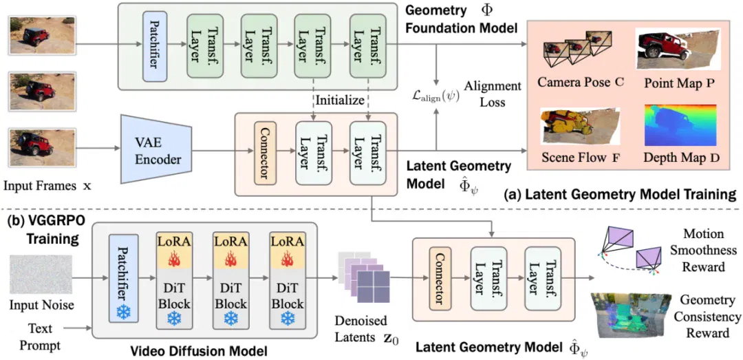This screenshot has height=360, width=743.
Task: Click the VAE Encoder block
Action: pos(156,149)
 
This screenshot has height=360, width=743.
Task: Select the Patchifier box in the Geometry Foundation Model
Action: pos(152,45)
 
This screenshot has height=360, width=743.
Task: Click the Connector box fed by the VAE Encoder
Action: pos(265,153)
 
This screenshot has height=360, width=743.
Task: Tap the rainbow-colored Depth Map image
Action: pos(680,125)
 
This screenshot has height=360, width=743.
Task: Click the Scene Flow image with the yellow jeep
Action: pos(579,126)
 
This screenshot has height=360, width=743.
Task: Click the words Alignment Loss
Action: pos(493,94)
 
